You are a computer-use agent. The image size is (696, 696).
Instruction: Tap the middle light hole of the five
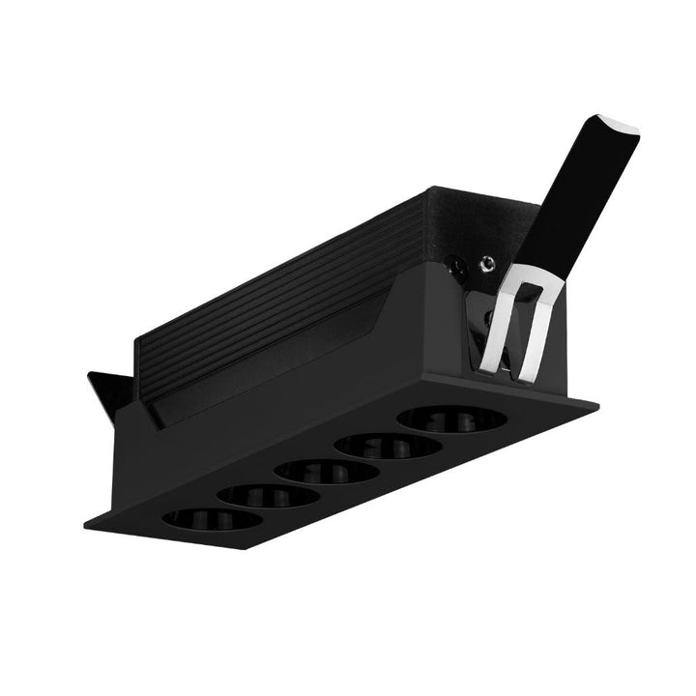(x=327, y=473)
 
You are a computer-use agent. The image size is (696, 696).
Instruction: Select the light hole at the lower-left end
(x=212, y=518)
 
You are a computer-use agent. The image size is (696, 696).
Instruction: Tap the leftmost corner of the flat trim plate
(x=84, y=527)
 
